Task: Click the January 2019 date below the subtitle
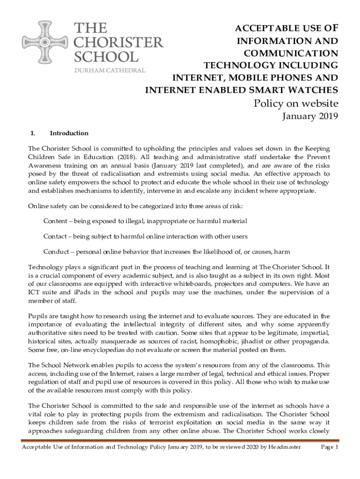[310, 117]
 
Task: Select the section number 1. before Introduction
[33, 133]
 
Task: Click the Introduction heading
[69, 133]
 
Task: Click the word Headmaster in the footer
[284, 447]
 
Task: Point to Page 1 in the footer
[329, 447]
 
